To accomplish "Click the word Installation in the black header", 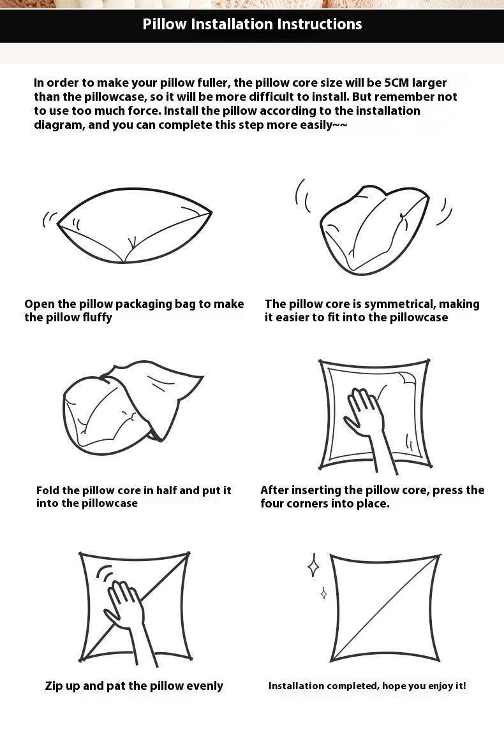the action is [x=230, y=24].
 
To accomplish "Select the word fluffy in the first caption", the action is [x=98, y=317].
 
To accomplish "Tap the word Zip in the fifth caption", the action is [x=54, y=686].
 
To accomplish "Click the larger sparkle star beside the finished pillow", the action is [x=313, y=565].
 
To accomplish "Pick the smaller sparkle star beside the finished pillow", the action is [x=323, y=593].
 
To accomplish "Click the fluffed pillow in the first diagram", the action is [x=135, y=226].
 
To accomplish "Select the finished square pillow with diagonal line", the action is [x=385, y=608].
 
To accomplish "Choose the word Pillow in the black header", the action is [x=165, y=24].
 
